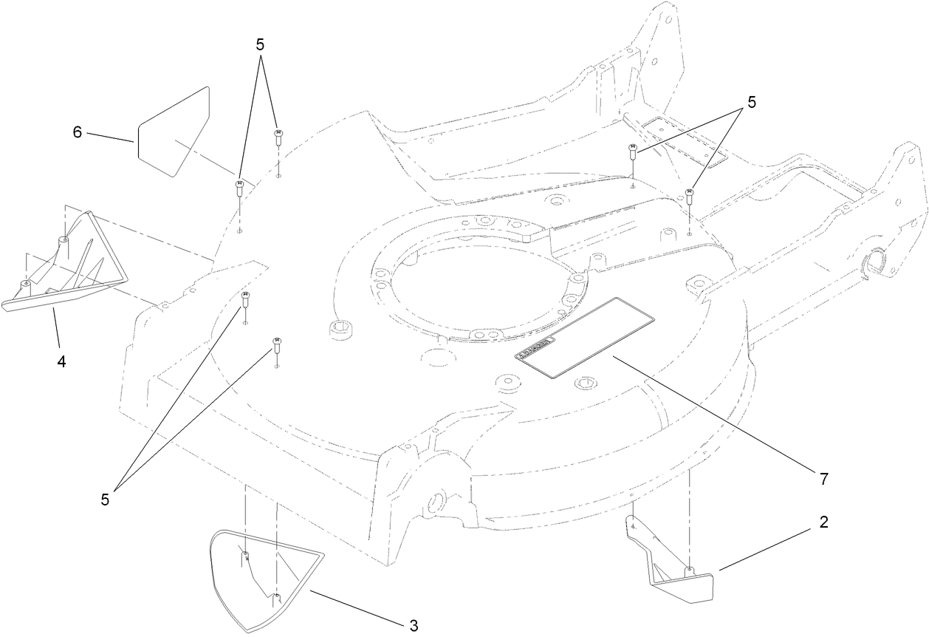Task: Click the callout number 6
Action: (77, 132)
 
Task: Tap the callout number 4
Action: (62, 362)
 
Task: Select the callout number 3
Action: (414, 626)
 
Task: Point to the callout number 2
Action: (823, 522)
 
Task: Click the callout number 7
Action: (823, 479)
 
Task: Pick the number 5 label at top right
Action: (751, 103)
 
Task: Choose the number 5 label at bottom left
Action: (105, 500)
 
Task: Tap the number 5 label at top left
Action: (260, 44)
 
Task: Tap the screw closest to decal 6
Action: (240, 187)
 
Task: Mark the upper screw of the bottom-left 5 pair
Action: (246, 299)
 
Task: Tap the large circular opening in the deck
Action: (476, 281)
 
